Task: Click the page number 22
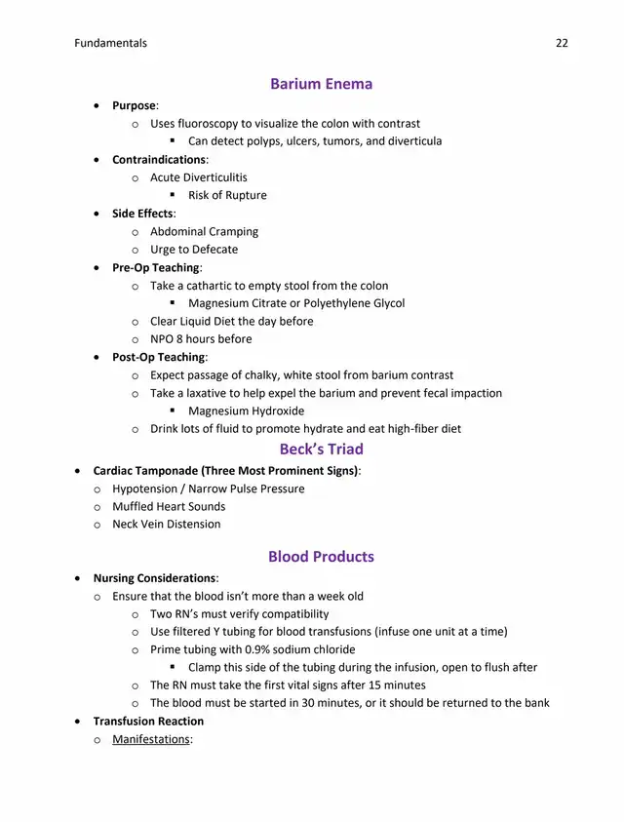pyautogui.click(x=562, y=43)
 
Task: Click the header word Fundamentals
pyautogui.click(x=110, y=43)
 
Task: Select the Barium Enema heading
pyautogui.click(x=321, y=84)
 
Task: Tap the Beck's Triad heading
pyautogui.click(x=321, y=450)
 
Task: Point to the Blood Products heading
pyautogui.click(x=321, y=557)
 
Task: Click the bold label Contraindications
pyautogui.click(x=158, y=160)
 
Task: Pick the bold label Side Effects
pyautogui.click(x=141, y=214)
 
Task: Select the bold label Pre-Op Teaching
pyautogui.click(x=156, y=267)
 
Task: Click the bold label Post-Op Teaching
pyautogui.click(x=158, y=357)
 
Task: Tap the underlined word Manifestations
pyautogui.click(x=150, y=739)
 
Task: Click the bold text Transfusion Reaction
pyautogui.click(x=148, y=722)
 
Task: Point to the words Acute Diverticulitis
pyautogui.click(x=199, y=177)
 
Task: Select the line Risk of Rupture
pyautogui.click(x=227, y=195)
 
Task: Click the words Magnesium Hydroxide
pyautogui.click(x=246, y=411)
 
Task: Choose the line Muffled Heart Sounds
pyautogui.click(x=169, y=506)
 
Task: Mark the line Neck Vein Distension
pyautogui.click(x=167, y=524)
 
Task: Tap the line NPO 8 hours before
pyautogui.click(x=201, y=339)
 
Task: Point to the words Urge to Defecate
pyautogui.click(x=194, y=250)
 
